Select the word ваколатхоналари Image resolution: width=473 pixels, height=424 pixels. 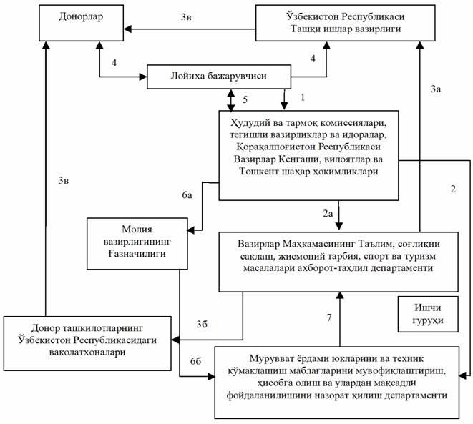pyautogui.click(x=88, y=351)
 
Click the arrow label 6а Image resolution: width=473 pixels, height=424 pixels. pyautogui.click(x=187, y=194)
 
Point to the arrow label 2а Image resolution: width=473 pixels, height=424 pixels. pyautogui.click(x=327, y=213)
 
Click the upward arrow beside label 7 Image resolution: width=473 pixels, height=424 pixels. pyautogui.click(x=341, y=318)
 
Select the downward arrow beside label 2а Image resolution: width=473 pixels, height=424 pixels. pyautogui.click(x=341, y=215)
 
